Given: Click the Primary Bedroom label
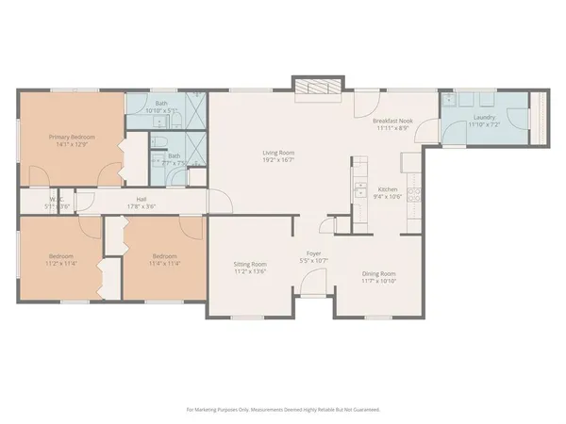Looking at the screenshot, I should coord(72,137).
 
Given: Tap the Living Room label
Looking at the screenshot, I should coord(280,153).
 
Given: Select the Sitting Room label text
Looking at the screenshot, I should coord(251,265).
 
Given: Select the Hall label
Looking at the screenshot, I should coord(140,199).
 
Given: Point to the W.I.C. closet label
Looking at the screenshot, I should coord(57,199).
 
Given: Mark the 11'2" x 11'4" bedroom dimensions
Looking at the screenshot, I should coord(62,262).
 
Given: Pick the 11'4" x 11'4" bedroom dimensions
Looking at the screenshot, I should coord(165,262).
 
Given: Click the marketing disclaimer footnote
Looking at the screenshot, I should coord(283,410).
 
